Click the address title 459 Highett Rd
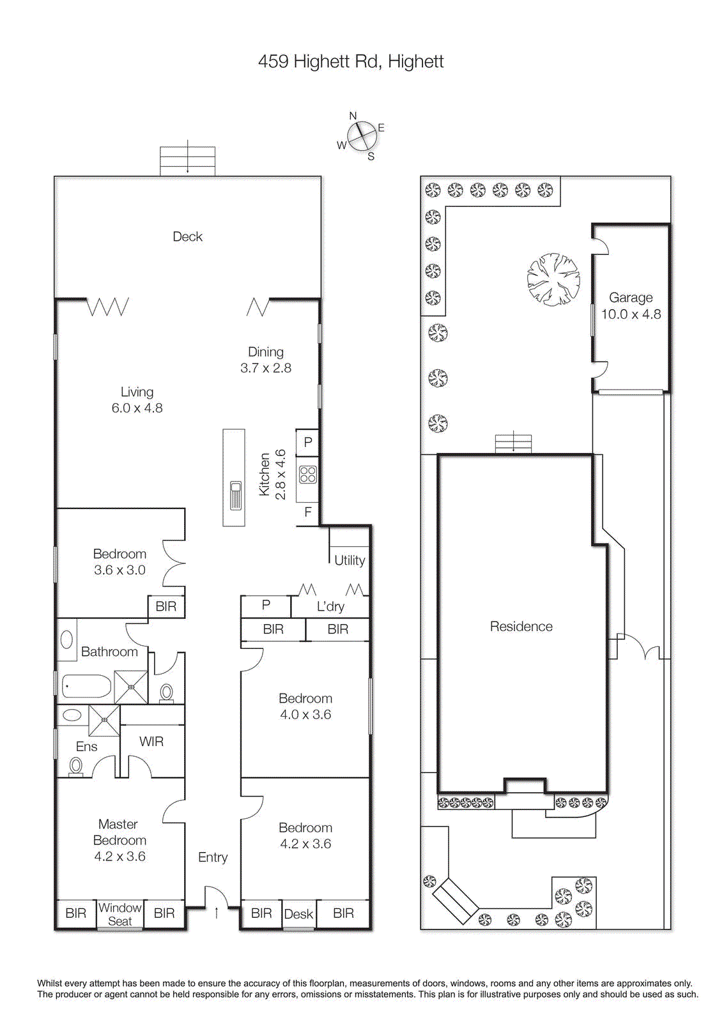tap(350, 61)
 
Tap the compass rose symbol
tap(362, 135)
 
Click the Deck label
tap(187, 236)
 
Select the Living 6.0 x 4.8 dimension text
tap(137, 408)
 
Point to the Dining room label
tap(266, 352)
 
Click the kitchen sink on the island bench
tap(235, 496)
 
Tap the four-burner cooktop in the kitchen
tap(308, 474)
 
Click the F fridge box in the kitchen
tap(308, 512)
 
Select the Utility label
tap(350, 560)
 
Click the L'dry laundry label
tap(330, 606)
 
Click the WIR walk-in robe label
tap(151, 742)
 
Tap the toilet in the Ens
tap(76, 765)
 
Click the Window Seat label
tap(120, 914)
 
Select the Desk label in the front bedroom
tap(298, 914)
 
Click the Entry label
tap(213, 857)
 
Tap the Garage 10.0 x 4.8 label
tap(631, 306)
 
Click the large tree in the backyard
tap(553, 279)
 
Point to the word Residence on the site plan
tap(521, 627)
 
